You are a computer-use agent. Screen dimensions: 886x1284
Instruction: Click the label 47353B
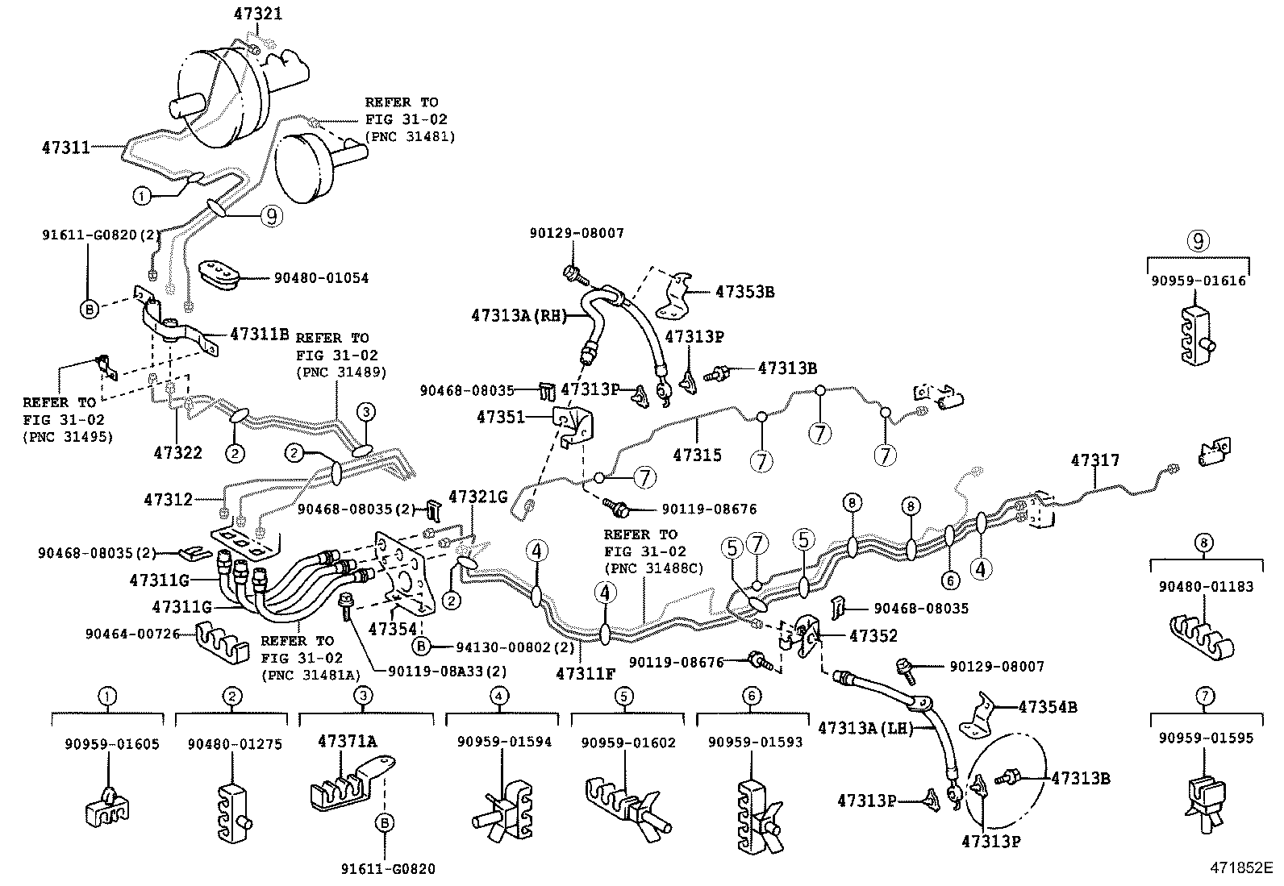click(744, 292)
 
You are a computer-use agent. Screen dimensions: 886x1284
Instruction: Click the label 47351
click(500, 417)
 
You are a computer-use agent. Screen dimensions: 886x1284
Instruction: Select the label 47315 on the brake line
click(697, 455)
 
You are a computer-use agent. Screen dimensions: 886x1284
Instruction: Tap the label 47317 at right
click(1094, 460)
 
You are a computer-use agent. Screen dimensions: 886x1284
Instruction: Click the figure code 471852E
click(1239, 868)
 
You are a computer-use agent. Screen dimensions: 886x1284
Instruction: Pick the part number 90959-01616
click(1198, 281)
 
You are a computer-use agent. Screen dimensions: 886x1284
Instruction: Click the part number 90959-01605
click(111, 744)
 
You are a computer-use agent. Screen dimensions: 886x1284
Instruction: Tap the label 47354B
click(1047, 707)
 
